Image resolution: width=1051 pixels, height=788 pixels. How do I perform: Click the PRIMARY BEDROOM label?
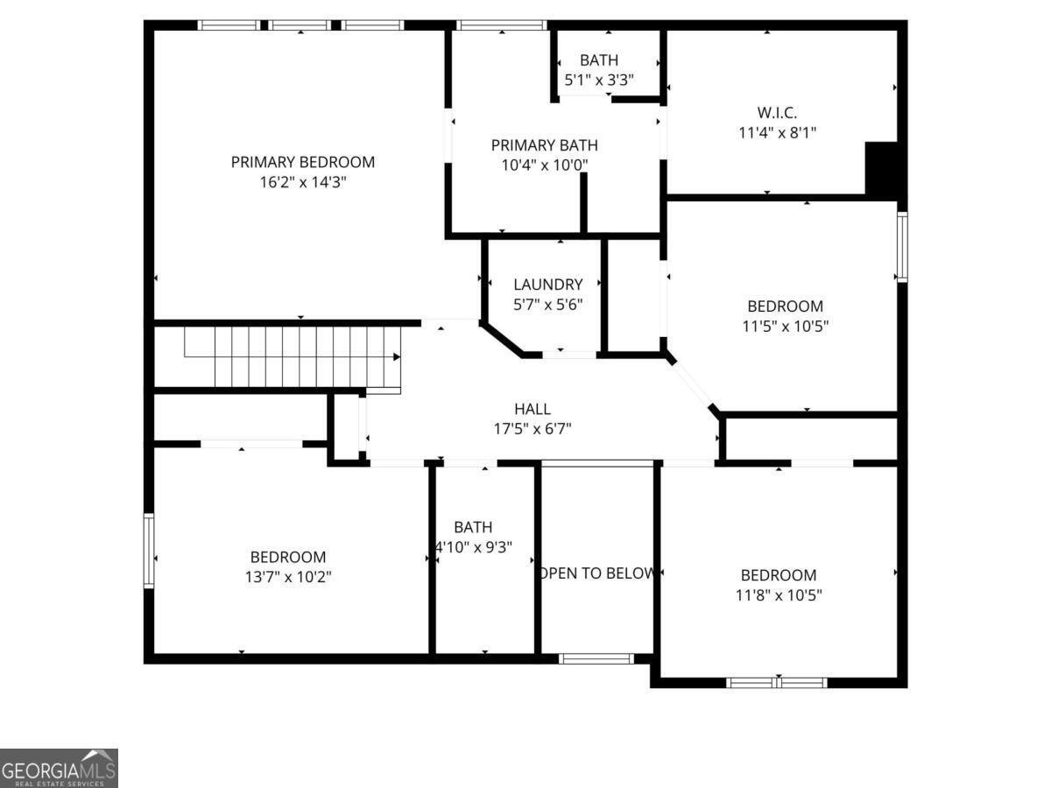tap(302, 162)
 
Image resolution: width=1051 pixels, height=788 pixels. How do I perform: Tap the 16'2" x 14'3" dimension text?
tap(302, 183)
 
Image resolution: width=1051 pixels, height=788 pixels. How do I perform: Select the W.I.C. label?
tap(777, 112)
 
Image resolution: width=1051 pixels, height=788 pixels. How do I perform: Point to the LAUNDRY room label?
tap(547, 285)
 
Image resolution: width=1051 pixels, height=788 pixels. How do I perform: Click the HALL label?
tap(533, 409)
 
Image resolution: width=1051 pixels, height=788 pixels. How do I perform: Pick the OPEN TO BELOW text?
tap(597, 573)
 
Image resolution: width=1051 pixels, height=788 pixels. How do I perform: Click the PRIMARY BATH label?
tap(544, 145)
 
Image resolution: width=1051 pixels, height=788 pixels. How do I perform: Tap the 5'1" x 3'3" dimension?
tap(598, 80)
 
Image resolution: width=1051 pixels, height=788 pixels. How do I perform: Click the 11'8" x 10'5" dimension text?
tap(778, 595)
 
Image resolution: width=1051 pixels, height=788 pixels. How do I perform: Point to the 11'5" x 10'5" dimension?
tap(785, 327)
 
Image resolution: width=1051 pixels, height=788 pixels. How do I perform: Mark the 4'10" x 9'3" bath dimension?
tap(473, 547)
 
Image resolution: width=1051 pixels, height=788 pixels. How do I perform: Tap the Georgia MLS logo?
tap(59, 768)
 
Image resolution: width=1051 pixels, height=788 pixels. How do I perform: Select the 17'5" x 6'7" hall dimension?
tap(533, 429)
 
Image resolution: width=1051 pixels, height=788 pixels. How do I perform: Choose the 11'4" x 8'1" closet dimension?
tap(777, 133)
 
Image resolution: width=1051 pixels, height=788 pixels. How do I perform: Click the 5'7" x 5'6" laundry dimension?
tap(547, 305)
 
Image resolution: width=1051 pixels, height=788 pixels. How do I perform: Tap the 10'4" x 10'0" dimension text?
tap(544, 165)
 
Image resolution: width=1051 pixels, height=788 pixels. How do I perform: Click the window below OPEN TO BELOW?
tap(596, 658)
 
